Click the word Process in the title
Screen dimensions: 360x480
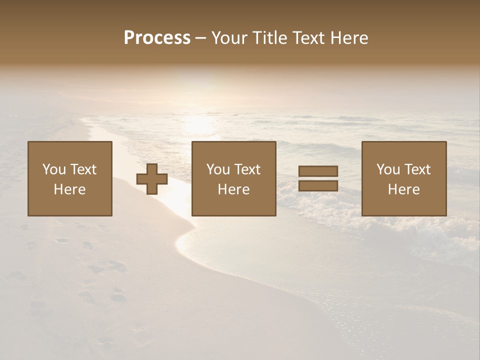click(157, 38)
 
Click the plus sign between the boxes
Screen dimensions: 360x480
click(152, 178)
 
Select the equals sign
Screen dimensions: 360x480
click(318, 178)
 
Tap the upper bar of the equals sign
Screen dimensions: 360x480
click(318, 171)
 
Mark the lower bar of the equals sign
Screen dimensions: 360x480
click(318, 186)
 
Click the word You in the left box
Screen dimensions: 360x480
click(54, 169)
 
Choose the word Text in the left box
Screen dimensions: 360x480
click(83, 169)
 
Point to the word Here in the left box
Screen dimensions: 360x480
click(69, 189)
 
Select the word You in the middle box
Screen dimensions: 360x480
click(218, 169)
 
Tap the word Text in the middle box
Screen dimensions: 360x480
click(247, 169)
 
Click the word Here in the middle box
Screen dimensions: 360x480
click(233, 189)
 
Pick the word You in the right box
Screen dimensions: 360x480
click(388, 169)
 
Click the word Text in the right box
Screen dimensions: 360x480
click(417, 169)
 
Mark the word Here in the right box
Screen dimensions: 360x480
click(403, 189)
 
